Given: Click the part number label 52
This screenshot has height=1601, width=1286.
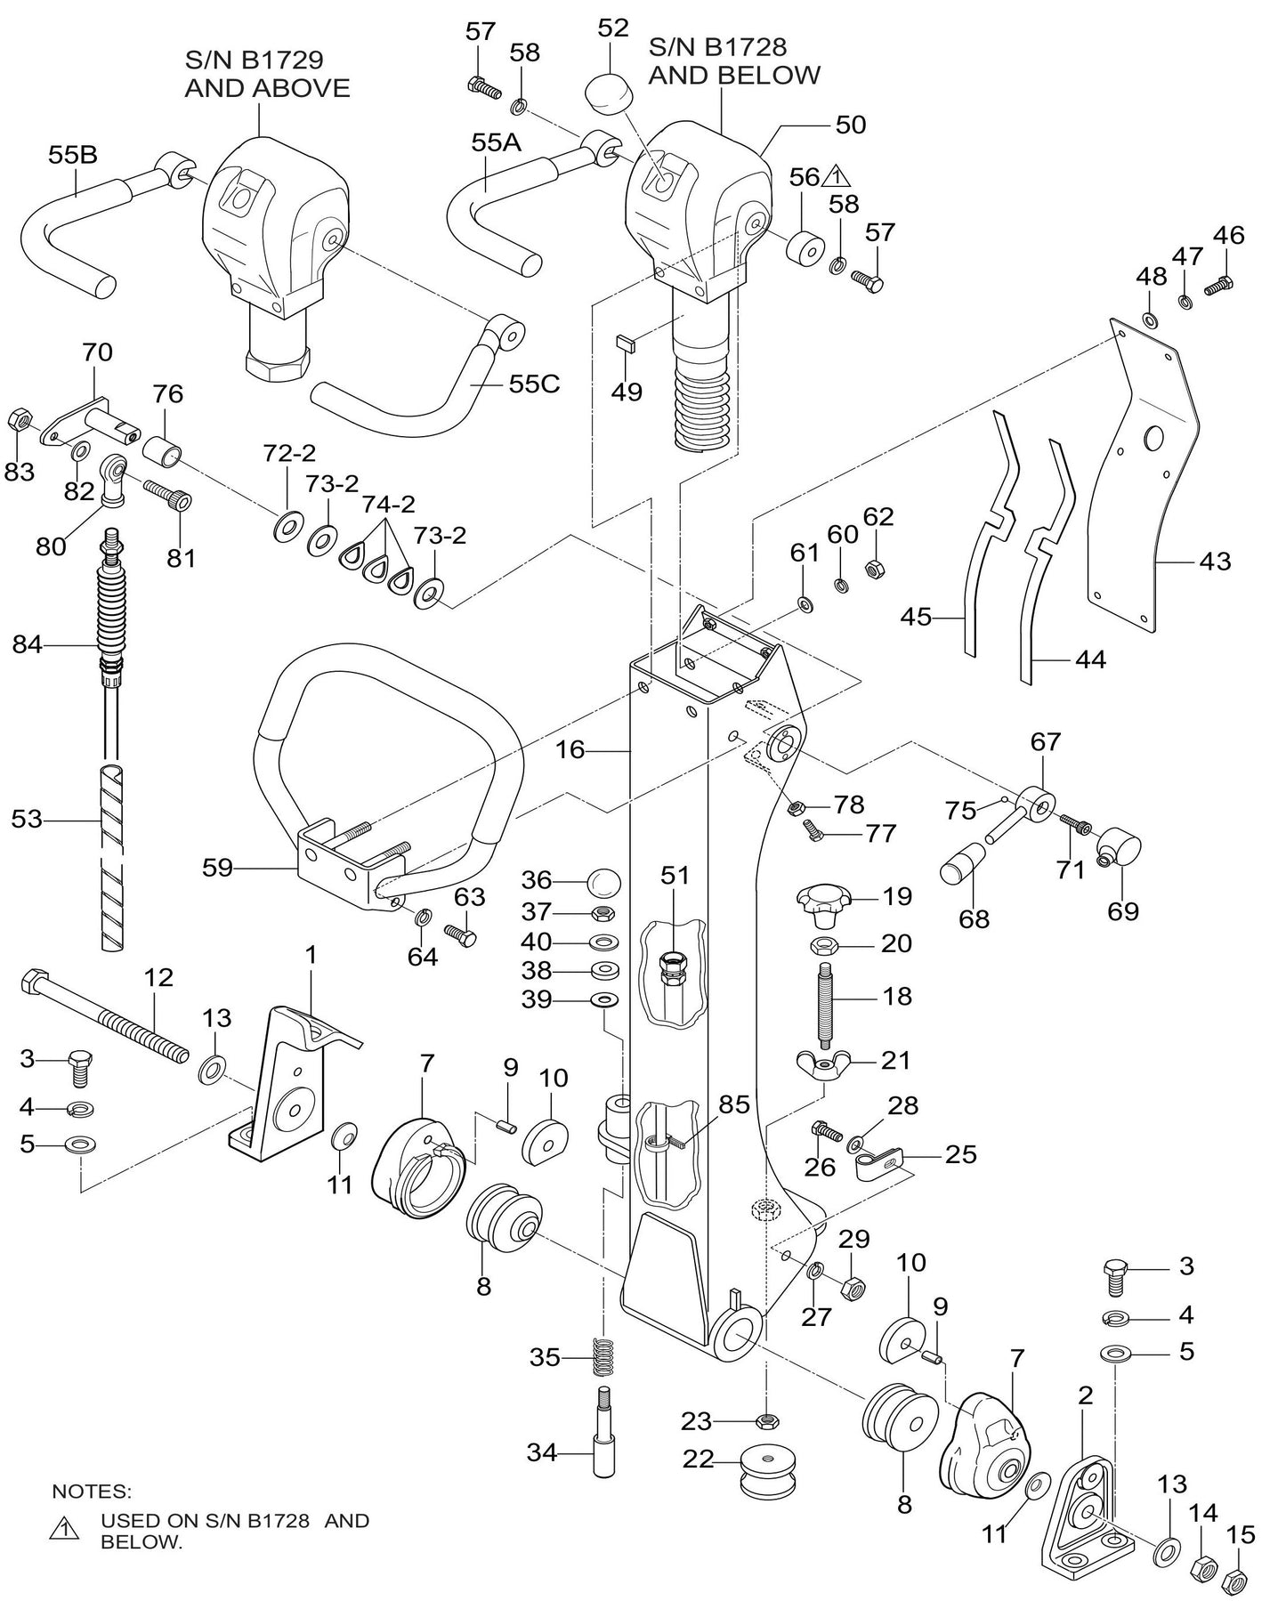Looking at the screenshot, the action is click(x=613, y=28).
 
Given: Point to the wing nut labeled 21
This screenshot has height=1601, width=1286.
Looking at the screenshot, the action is click(x=826, y=1063).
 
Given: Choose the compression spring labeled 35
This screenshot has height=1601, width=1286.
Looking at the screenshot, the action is click(x=605, y=1357).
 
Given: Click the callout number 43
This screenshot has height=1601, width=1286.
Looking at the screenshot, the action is click(x=1215, y=562).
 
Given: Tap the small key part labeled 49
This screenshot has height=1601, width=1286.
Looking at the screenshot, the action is click(x=627, y=343).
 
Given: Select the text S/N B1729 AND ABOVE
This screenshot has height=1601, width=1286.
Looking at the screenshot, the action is click(x=267, y=74).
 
